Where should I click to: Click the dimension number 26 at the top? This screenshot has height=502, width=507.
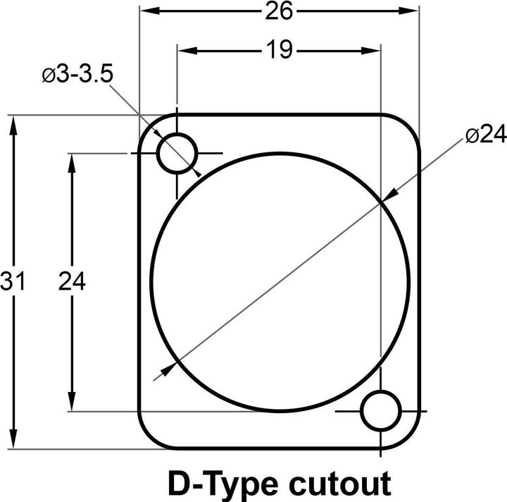[279, 11]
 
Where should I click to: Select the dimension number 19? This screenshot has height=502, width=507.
[279, 50]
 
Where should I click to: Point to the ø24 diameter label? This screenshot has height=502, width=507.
[485, 136]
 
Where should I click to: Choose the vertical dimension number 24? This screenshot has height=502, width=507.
[71, 281]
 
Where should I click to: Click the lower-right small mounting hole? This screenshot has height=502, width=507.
[381, 410]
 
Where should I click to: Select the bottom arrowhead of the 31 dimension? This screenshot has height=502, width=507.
[13, 441]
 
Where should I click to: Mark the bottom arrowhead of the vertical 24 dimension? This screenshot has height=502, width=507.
[71, 403]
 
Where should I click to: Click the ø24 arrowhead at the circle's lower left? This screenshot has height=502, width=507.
[168, 369]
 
